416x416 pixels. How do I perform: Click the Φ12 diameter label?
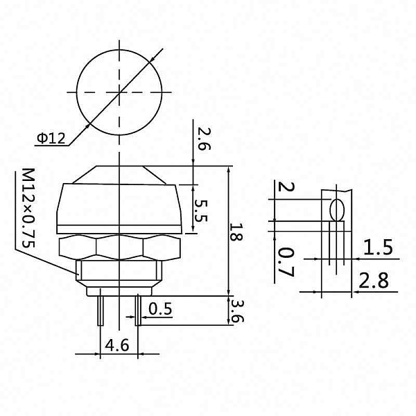[51, 139]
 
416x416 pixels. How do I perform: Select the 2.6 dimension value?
[202, 138]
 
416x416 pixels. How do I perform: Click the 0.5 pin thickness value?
[160, 308]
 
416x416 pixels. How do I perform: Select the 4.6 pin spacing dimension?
[116, 344]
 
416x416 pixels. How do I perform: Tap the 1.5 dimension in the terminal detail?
[378, 247]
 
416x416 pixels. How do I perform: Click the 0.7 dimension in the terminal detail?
[286, 261]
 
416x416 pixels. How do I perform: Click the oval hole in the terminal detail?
[338, 209]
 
